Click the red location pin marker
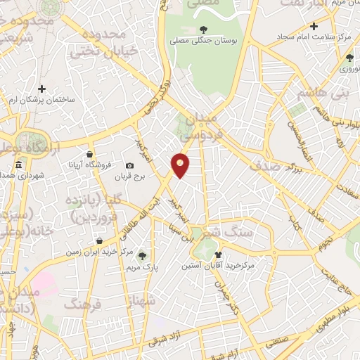point(181,165)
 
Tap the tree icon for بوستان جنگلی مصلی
point(204,29)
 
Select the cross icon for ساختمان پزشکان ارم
point(42,89)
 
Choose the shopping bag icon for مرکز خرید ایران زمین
point(106,241)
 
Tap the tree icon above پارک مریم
point(143,255)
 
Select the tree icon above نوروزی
point(348,57)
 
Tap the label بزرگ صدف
point(278,167)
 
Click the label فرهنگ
point(82,304)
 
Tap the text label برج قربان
point(129,178)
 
